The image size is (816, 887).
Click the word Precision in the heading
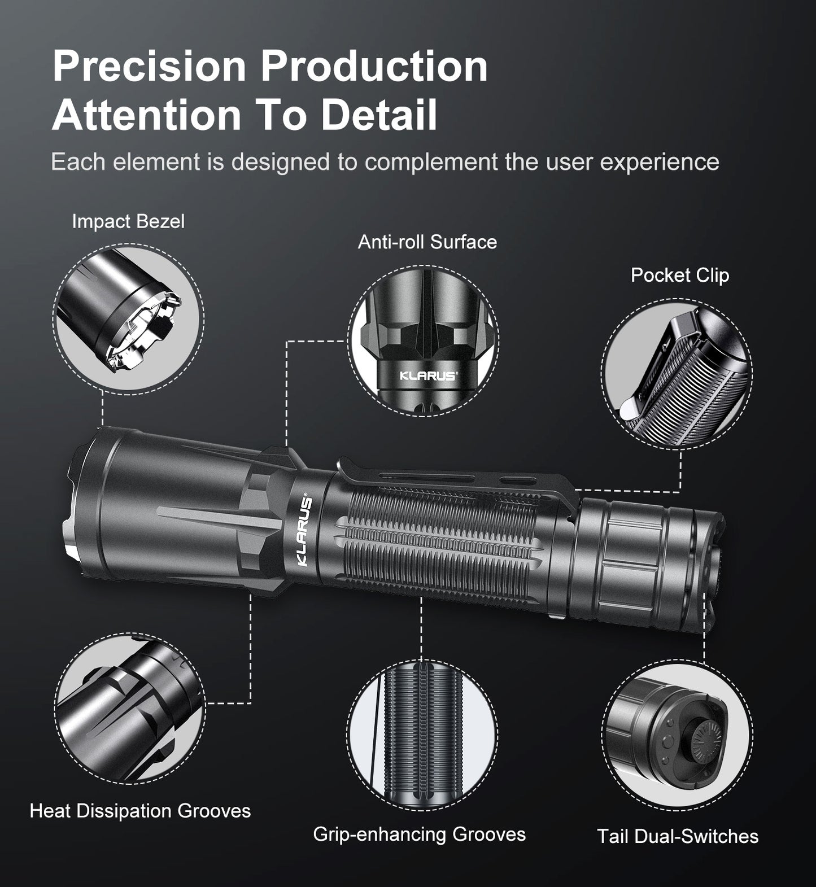pos(149,67)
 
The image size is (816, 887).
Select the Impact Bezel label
pos(128,221)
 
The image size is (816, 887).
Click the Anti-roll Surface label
pos(427,242)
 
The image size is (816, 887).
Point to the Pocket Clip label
pos(679,275)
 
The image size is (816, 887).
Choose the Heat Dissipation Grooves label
pos(140,811)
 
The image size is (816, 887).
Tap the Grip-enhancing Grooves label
pos(419,834)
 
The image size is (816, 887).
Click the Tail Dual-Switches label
pos(678,836)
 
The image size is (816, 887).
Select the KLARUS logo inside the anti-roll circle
pos(428,376)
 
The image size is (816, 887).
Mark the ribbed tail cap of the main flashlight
pos(621,556)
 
